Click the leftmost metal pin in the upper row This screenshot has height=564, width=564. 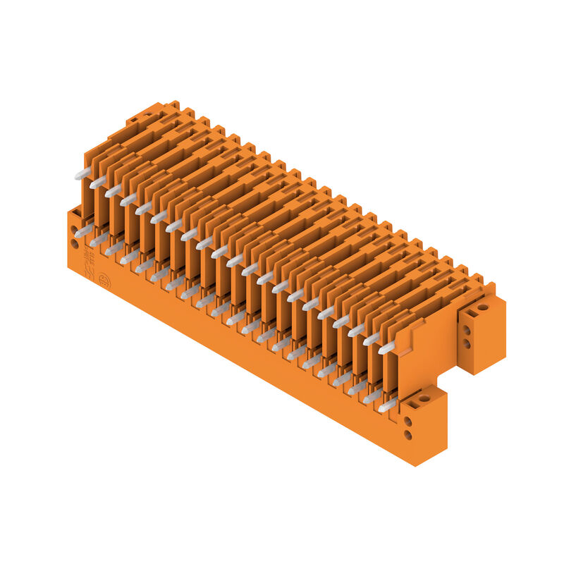pos(82,173)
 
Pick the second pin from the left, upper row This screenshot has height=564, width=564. pos(98,182)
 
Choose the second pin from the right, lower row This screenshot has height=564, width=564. pos(372,397)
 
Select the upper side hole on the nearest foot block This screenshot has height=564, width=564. pos(407,422)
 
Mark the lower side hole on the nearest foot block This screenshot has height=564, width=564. pos(407,436)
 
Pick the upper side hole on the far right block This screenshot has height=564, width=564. pos(467,330)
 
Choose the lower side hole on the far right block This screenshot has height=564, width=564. pos(467,344)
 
